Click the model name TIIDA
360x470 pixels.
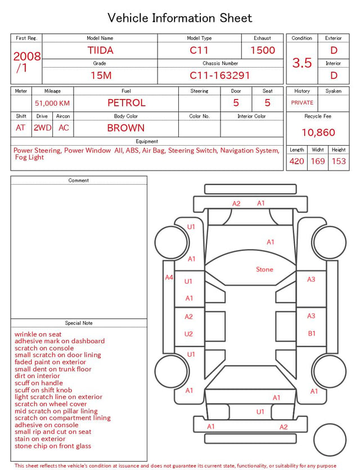click(x=100, y=50)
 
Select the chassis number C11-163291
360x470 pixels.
click(x=219, y=75)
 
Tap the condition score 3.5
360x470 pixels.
click(x=302, y=63)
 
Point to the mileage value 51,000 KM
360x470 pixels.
click(x=52, y=104)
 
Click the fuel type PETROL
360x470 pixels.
click(x=127, y=103)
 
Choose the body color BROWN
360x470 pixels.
click(x=126, y=128)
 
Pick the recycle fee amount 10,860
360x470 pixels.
click(x=318, y=132)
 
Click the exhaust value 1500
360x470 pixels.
click(x=263, y=50)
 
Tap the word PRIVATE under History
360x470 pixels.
click(x=302, y=102)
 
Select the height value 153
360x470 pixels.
click(x=339, y=161)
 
